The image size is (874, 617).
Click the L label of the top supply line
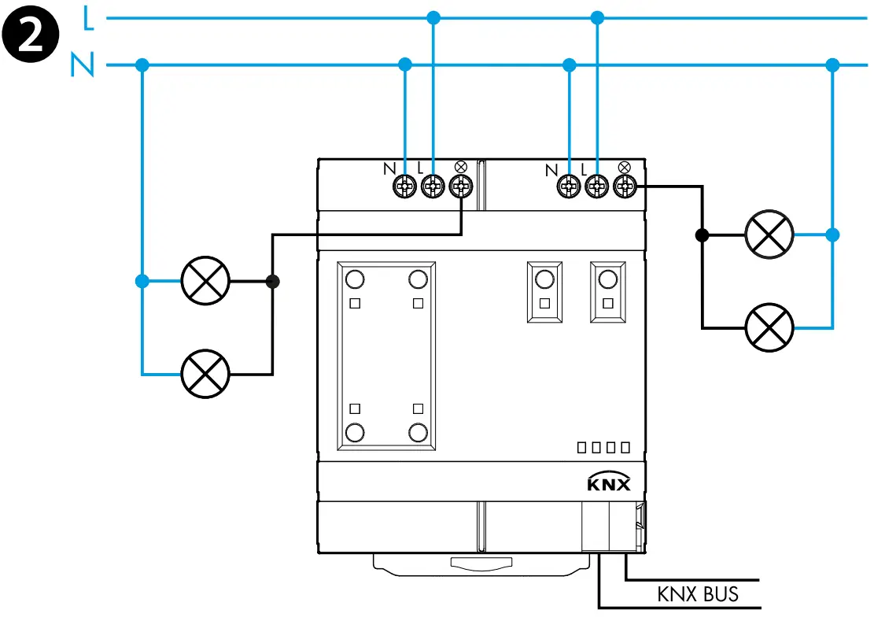tap(88, 20)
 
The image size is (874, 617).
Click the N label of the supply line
tap(82, 65)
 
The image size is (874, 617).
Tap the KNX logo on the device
tap(609, 482)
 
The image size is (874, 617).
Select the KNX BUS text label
tap(698, 593)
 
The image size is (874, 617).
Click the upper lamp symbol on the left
tap(205, 282)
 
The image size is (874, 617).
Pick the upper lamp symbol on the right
tap(769, 235)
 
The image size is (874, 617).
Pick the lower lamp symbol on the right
tap(769, 327)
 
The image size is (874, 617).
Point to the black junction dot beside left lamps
tap(273, 281)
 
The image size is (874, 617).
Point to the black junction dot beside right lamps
tap(702, 235)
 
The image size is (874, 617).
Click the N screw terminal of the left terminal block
tap(404, 187)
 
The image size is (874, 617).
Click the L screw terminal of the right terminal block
tap(597, 187)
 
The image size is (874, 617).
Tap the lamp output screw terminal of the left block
tap(460, 187)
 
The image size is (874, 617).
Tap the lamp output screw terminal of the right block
tap(625, 187)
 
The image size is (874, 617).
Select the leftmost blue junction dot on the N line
tap(142, 65)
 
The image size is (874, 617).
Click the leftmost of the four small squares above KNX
tap(582, 448)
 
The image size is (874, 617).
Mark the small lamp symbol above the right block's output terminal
tap(625, 167)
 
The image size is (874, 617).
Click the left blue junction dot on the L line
tap(432, 17)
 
